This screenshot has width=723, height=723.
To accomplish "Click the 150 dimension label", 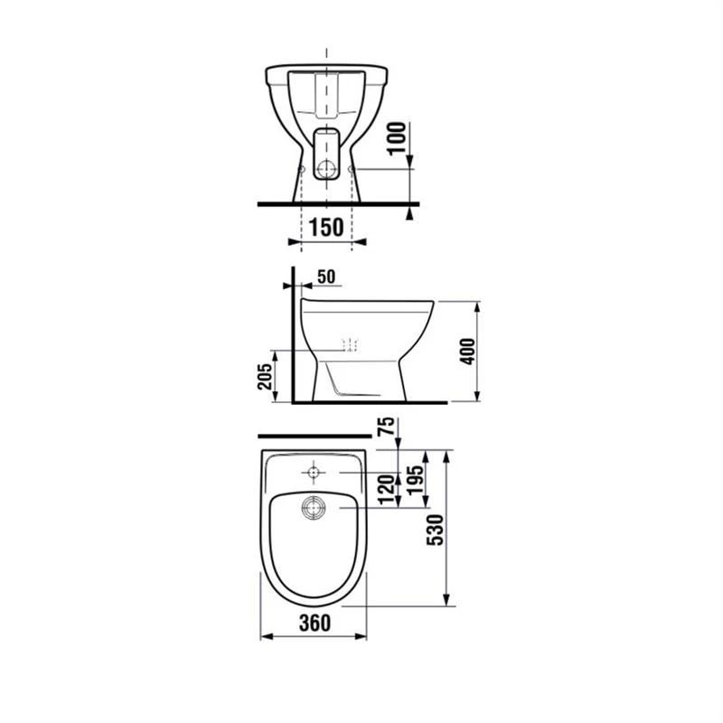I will tap(326, 226).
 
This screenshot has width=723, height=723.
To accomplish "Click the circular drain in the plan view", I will tap(314, 509).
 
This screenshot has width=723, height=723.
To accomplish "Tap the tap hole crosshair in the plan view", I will tap(314, 472).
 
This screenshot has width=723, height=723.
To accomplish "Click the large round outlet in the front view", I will tap(326, 168).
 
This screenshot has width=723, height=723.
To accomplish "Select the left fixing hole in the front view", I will tap(301, 168).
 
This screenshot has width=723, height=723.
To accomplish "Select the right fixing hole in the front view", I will tap(352, 168).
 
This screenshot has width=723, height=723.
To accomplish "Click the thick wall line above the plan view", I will tap(312, 437).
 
